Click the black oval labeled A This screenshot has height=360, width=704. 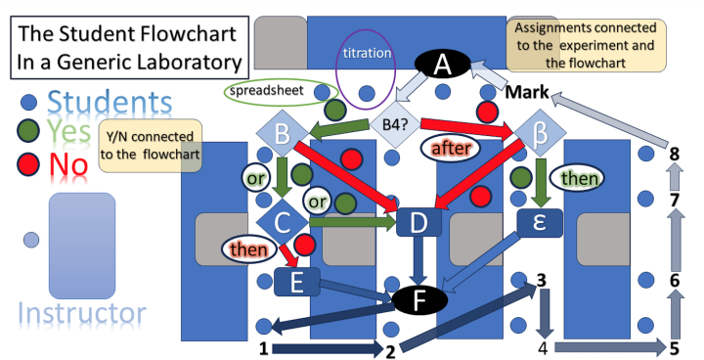coord(442,66)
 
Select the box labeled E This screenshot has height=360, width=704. coord(298,283)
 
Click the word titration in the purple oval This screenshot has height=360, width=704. coord(367,53)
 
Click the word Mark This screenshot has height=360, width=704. coord(527,96)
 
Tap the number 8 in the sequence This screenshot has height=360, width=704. coord(674,153)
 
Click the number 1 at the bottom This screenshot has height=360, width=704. coord(262,348)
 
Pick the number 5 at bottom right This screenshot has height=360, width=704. coord(675,348)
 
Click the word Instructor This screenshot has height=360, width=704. coord(82,314)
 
